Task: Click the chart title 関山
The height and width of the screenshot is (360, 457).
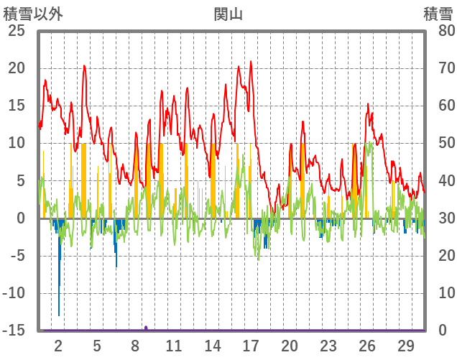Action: [x=228, y=13]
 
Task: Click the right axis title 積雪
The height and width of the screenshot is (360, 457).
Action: [x=437, y=13]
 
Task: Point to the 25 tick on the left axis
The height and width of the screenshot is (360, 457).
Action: [x=16, y=31]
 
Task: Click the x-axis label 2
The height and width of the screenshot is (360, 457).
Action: [x=58, y=345]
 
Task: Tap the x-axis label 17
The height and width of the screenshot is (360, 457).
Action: [x=251, y=345]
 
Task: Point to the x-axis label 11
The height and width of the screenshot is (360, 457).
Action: [x=174, y=345]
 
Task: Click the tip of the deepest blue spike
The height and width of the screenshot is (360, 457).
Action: [x=59, y=315]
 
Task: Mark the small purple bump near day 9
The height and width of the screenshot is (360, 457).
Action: [x=146, y=328]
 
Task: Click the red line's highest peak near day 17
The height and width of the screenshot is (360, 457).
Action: [x=251, y=62]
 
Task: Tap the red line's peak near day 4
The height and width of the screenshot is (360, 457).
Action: [x=84, y=65]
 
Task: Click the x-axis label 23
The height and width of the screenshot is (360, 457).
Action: [x=328, y=345]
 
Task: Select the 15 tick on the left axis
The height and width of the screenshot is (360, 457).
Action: [x=16, y=106]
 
